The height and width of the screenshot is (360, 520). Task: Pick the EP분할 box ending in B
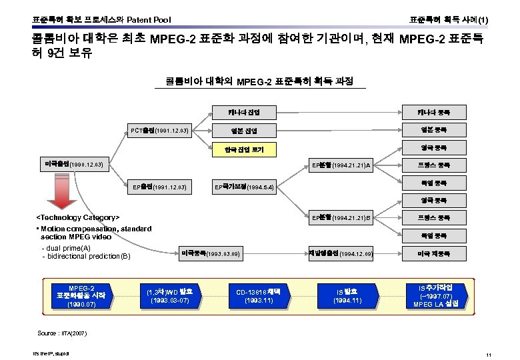click(x=341, y=217)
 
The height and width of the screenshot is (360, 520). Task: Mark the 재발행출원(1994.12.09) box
click(x=341, y=254)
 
